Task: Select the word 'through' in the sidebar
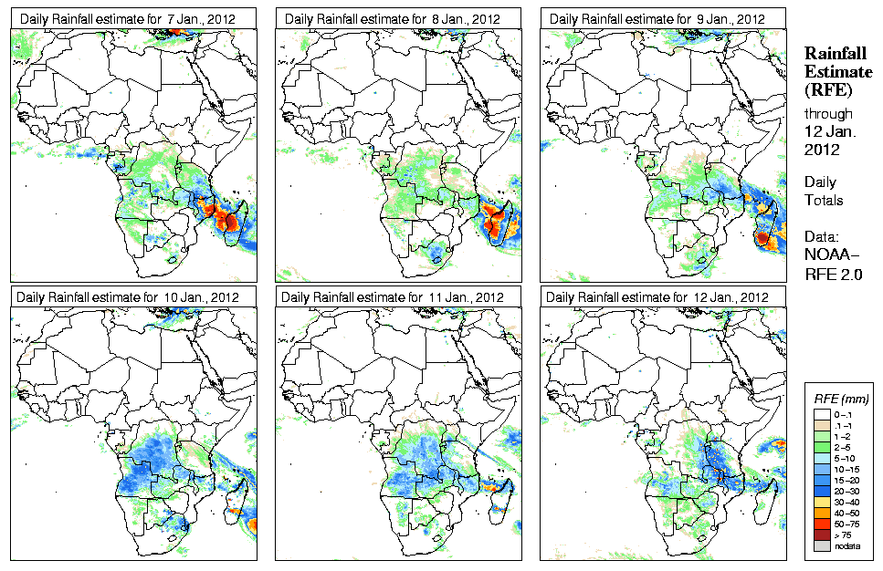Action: [x=828, y=115]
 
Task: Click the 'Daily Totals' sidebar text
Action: [x=825, y=191]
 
